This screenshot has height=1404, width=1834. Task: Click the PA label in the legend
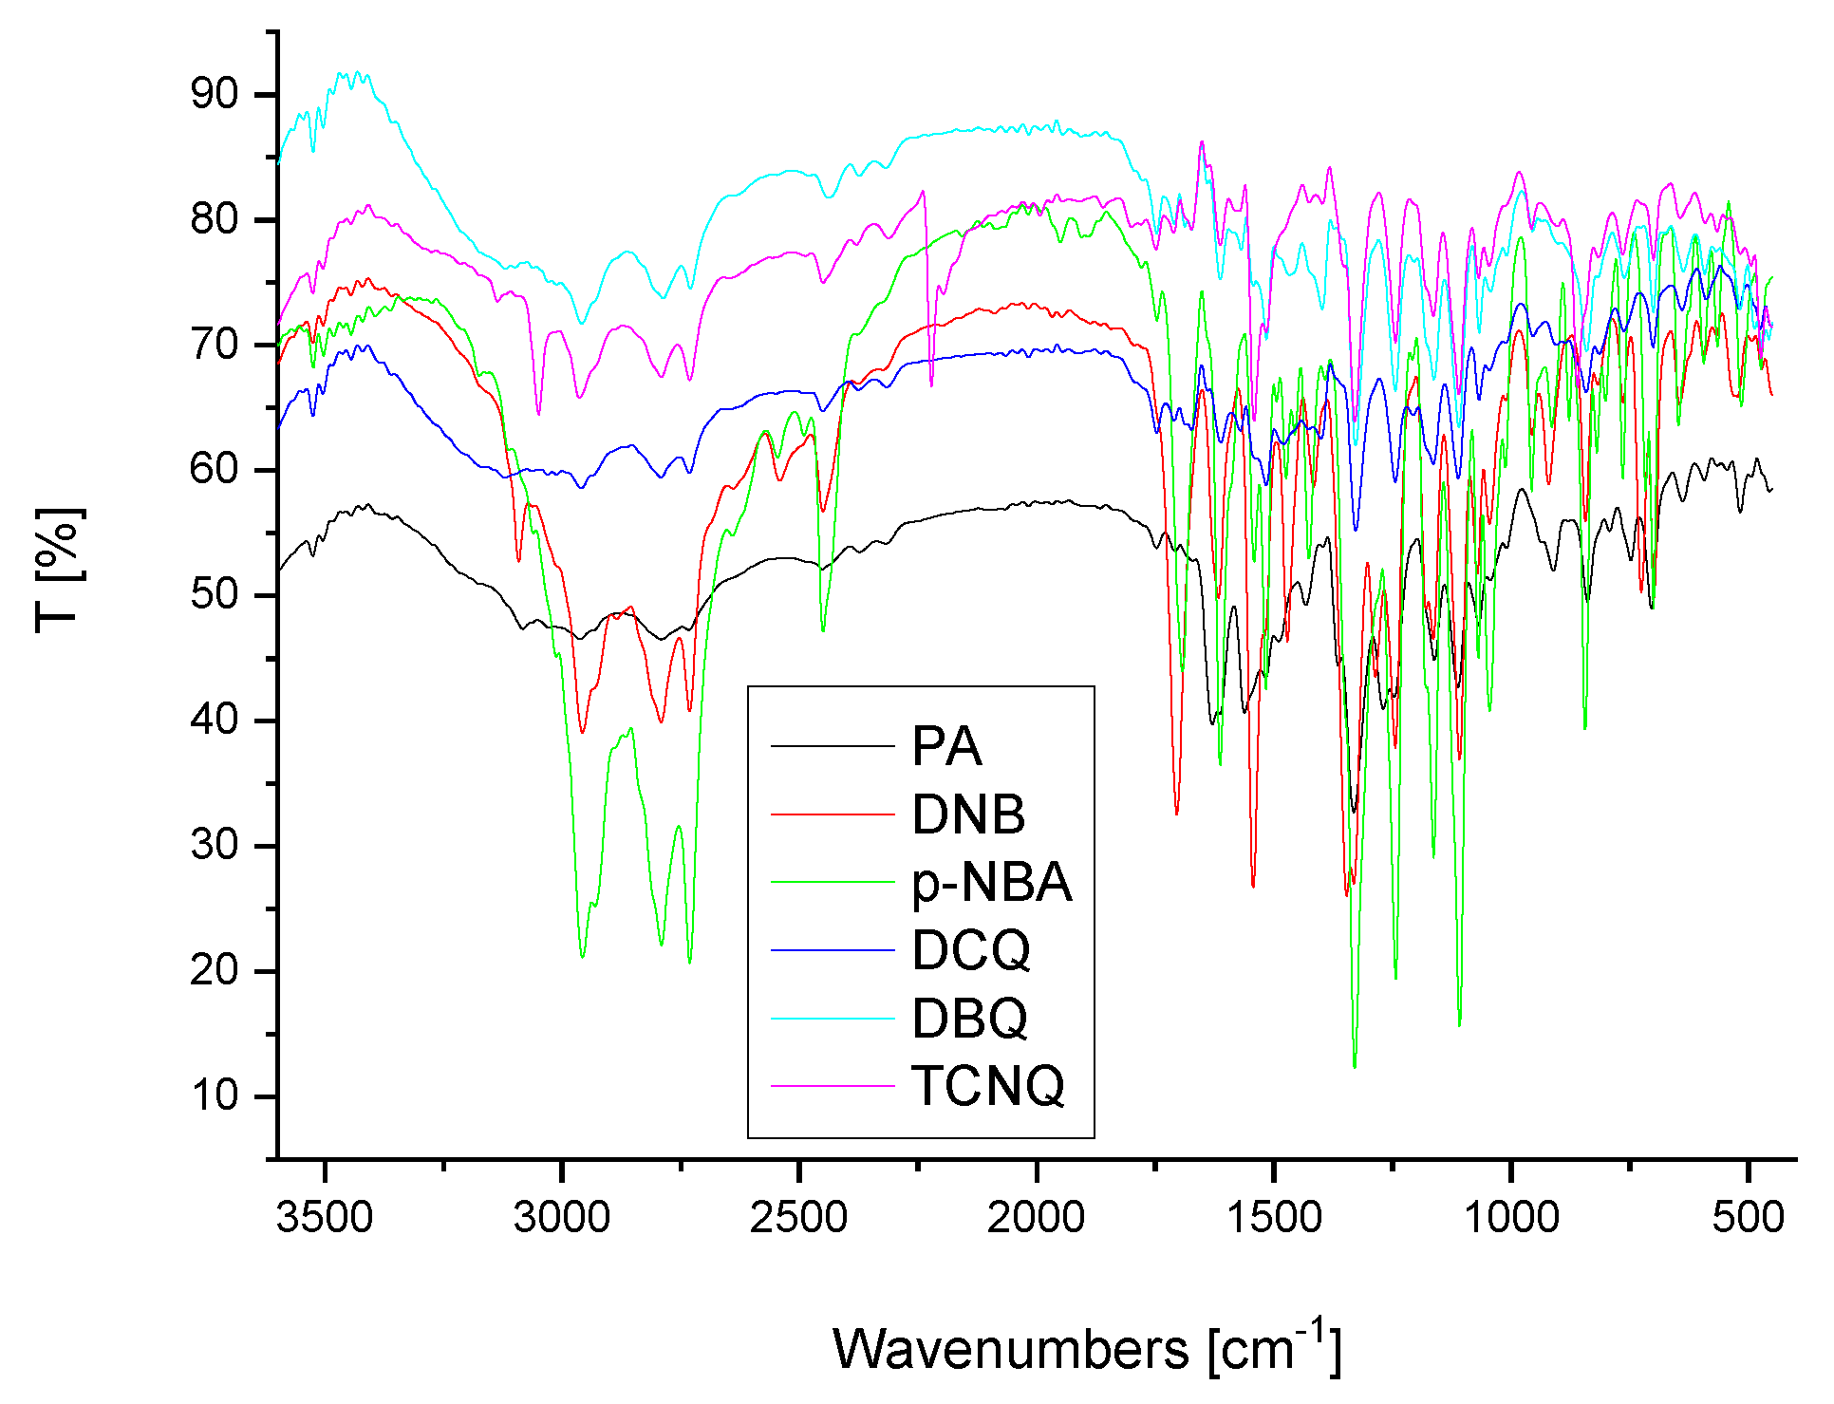coord(945,746)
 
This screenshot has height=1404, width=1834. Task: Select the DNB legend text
coord(967,814)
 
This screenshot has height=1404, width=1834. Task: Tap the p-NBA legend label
coord(991,882)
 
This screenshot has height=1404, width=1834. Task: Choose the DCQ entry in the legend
coord(970,949)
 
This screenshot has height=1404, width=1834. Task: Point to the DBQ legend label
coord(969,1018)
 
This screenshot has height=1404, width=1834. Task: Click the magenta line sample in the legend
coord(833,1085)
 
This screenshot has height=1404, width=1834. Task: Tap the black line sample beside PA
coord(833,746)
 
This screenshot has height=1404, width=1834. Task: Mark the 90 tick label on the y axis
coord(214,94)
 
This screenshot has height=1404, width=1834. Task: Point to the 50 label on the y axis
coord(214,595)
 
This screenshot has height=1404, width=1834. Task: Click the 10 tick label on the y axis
coord(214,1095)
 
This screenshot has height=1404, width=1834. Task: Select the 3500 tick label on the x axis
coord(325,1217)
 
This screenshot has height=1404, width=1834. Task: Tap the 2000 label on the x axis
coord(1036,1217)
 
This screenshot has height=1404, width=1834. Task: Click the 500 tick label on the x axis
coord(1748,1217)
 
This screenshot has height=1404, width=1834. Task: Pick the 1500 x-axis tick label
coord(1273,1217)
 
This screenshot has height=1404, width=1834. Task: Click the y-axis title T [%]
coord(59,570)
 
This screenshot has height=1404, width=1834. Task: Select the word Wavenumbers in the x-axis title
coord(1010,1349)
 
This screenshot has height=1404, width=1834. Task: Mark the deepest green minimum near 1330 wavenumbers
coord(1355,1066)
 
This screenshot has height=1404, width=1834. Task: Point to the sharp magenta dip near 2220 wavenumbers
coord(931,384)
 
